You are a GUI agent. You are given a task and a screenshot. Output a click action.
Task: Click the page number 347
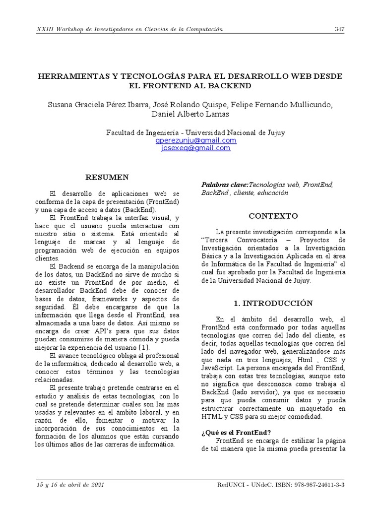click(x=339, y=29)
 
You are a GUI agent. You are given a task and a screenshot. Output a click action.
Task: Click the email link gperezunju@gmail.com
click(x=195, y=140)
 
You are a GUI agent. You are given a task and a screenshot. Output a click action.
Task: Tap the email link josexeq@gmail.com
click(x=195, y=148)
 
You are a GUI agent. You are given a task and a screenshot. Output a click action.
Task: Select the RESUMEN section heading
click(x=107, y=177)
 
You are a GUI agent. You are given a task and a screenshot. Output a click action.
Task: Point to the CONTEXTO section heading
click(x=273, y=216)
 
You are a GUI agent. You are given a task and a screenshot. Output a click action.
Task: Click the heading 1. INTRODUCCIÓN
click(x=273, y=303)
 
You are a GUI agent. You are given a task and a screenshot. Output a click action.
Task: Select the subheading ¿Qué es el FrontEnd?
click(x=236, y=432)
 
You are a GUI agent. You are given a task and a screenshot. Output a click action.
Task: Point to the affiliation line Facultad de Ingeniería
click(x=195, y=132)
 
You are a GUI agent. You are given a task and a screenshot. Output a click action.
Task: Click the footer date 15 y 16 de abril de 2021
click(x=70, y=485)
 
